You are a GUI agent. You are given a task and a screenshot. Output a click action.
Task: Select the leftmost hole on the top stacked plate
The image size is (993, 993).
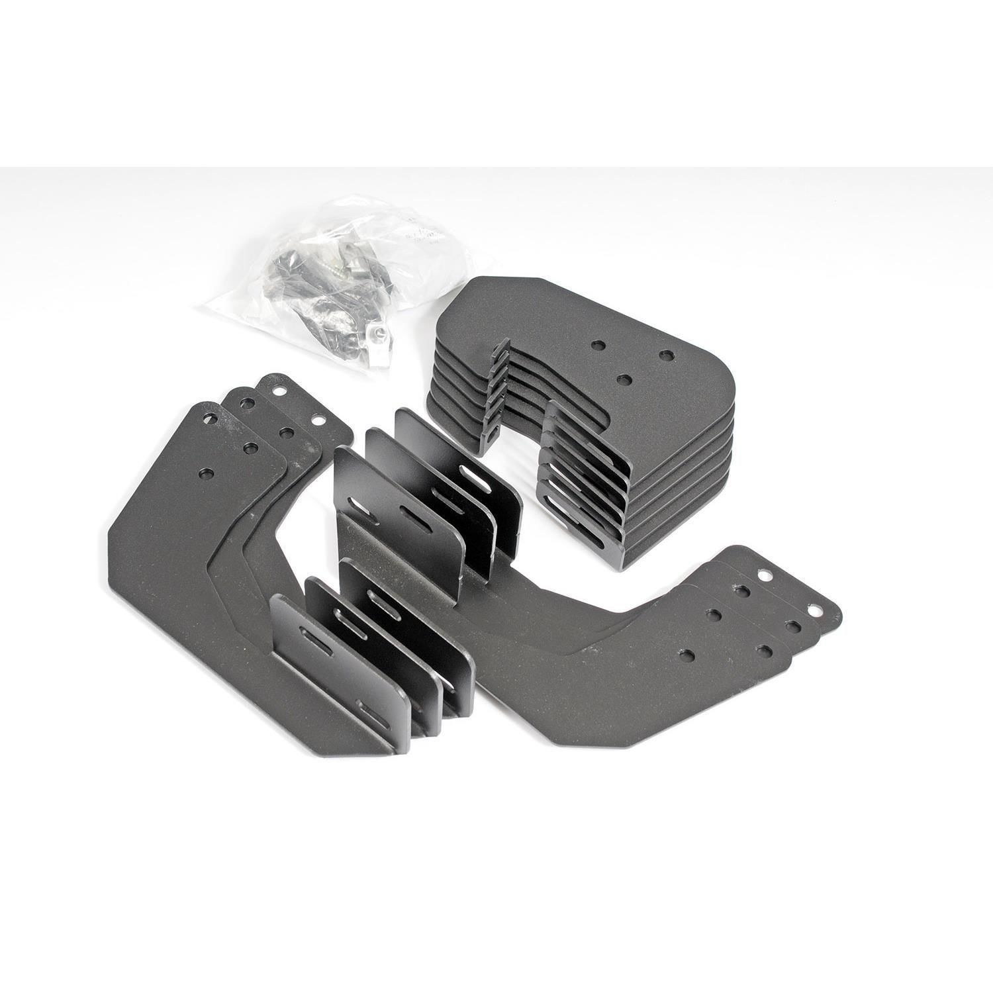point(598,346)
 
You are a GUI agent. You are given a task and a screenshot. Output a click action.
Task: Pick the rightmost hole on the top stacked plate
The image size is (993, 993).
point(665,355)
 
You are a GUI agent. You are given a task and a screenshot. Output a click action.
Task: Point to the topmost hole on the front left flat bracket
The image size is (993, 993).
point(211,419)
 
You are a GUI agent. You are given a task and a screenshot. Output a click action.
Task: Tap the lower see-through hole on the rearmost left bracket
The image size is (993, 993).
point(316,420)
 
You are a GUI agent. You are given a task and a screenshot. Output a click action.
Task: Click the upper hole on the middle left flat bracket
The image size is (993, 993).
point(244,402)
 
